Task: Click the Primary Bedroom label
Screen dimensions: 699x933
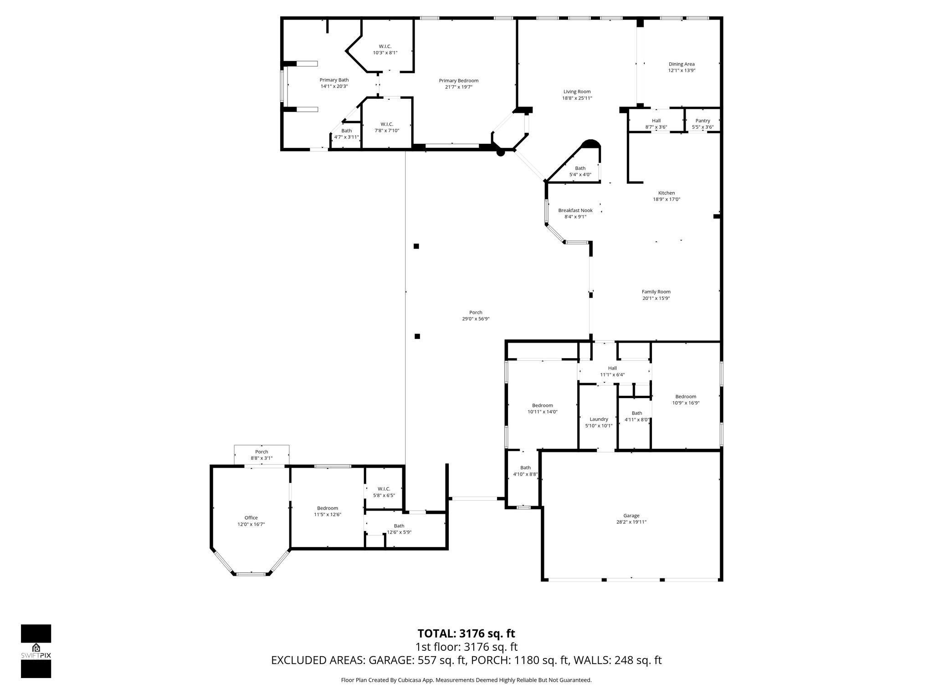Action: pos(458,81)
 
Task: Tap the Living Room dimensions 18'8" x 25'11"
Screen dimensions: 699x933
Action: pos(577,98)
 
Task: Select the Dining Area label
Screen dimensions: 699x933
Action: pos(682,64)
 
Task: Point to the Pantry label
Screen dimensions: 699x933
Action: pos(702,121)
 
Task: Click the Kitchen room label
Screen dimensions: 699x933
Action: pos(666,193)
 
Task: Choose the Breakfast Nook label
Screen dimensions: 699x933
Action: pos(575,210)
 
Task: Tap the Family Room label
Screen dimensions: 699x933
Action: pos(656,292)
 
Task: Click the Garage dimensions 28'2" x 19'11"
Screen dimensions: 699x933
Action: pos(631,522)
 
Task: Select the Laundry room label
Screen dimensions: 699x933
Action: pos(599,419)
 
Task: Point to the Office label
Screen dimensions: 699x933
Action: pos(251,517)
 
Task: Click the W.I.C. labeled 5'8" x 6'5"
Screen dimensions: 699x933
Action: pos(384,492)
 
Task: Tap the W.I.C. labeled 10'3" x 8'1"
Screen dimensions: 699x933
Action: pos(385,49)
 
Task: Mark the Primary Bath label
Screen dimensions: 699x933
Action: pos(334,80)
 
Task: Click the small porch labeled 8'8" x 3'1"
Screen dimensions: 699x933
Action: pos(261,455)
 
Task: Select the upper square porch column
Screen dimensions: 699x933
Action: pos(416,246)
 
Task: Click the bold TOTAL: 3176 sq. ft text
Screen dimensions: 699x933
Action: pos(466,633)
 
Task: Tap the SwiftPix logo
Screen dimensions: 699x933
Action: pos(36,651)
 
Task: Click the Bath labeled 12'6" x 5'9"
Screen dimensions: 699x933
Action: pos(399,529)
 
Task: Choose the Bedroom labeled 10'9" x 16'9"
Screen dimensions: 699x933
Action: pos(686,400)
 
